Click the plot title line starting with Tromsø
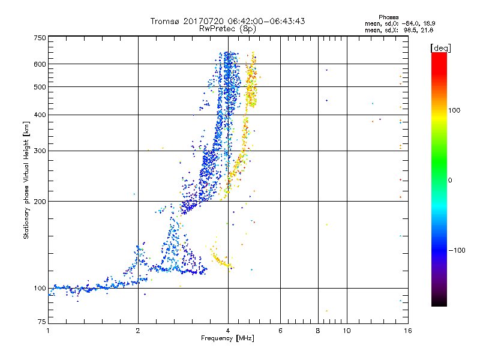[x=228, y=21]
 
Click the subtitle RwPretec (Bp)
[x=228, y=28]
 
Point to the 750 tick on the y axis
[x=40, y=37]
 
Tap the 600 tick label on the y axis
[x=40, y=64]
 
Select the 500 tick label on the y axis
[x=40, y=87]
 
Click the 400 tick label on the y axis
[x=40, y=115]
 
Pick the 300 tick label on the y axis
[x=40, y=151]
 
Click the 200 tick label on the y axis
[x=40, y=202]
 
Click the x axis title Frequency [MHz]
[x=227, y=339]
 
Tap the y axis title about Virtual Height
[x=26, y=180]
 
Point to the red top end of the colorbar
[x=439, y=56]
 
